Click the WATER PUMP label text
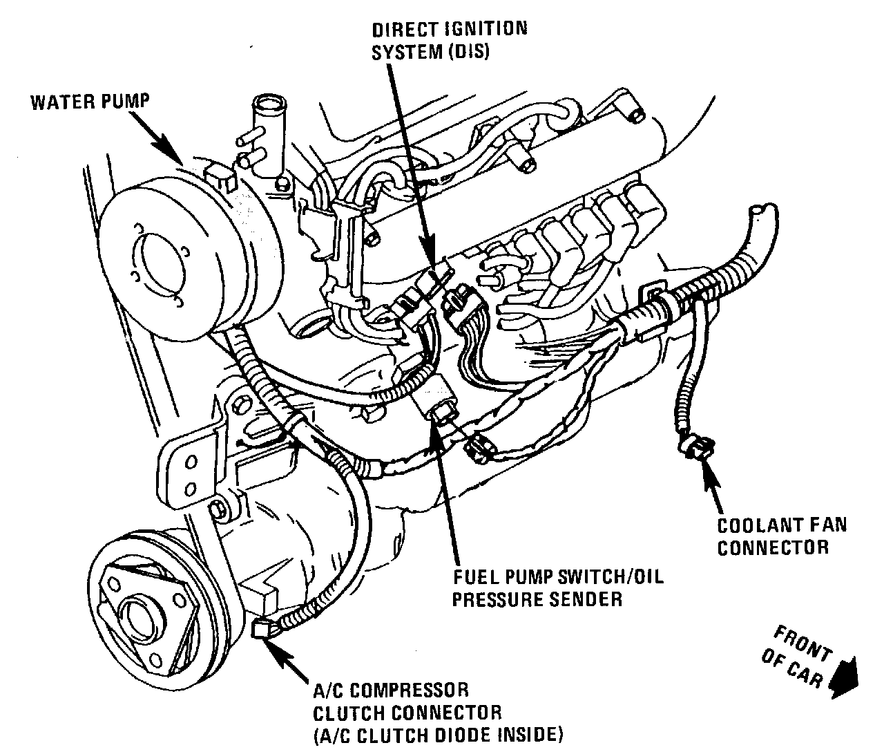90,102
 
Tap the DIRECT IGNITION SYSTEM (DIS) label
450,40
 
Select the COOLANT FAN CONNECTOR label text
781,536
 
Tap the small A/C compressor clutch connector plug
262,628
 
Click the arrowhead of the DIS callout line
432,266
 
